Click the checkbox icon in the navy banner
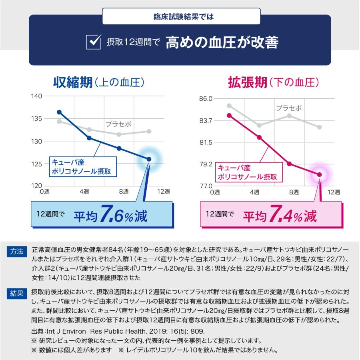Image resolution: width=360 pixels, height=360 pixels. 93,42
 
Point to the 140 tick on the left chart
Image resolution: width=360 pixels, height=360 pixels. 37,96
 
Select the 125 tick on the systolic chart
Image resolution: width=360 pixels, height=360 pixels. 37,164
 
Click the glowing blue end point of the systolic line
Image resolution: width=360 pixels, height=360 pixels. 149,159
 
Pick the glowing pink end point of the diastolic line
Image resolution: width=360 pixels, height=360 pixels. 319,174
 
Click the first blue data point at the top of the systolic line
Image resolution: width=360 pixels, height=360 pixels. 59,112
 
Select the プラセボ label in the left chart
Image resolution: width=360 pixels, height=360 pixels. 118,124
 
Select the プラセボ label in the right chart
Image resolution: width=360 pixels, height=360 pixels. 289,108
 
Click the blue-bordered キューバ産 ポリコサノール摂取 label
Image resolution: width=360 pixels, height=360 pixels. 82,167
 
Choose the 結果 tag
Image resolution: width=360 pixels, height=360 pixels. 17,294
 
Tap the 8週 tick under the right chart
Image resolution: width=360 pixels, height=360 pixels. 294,192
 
